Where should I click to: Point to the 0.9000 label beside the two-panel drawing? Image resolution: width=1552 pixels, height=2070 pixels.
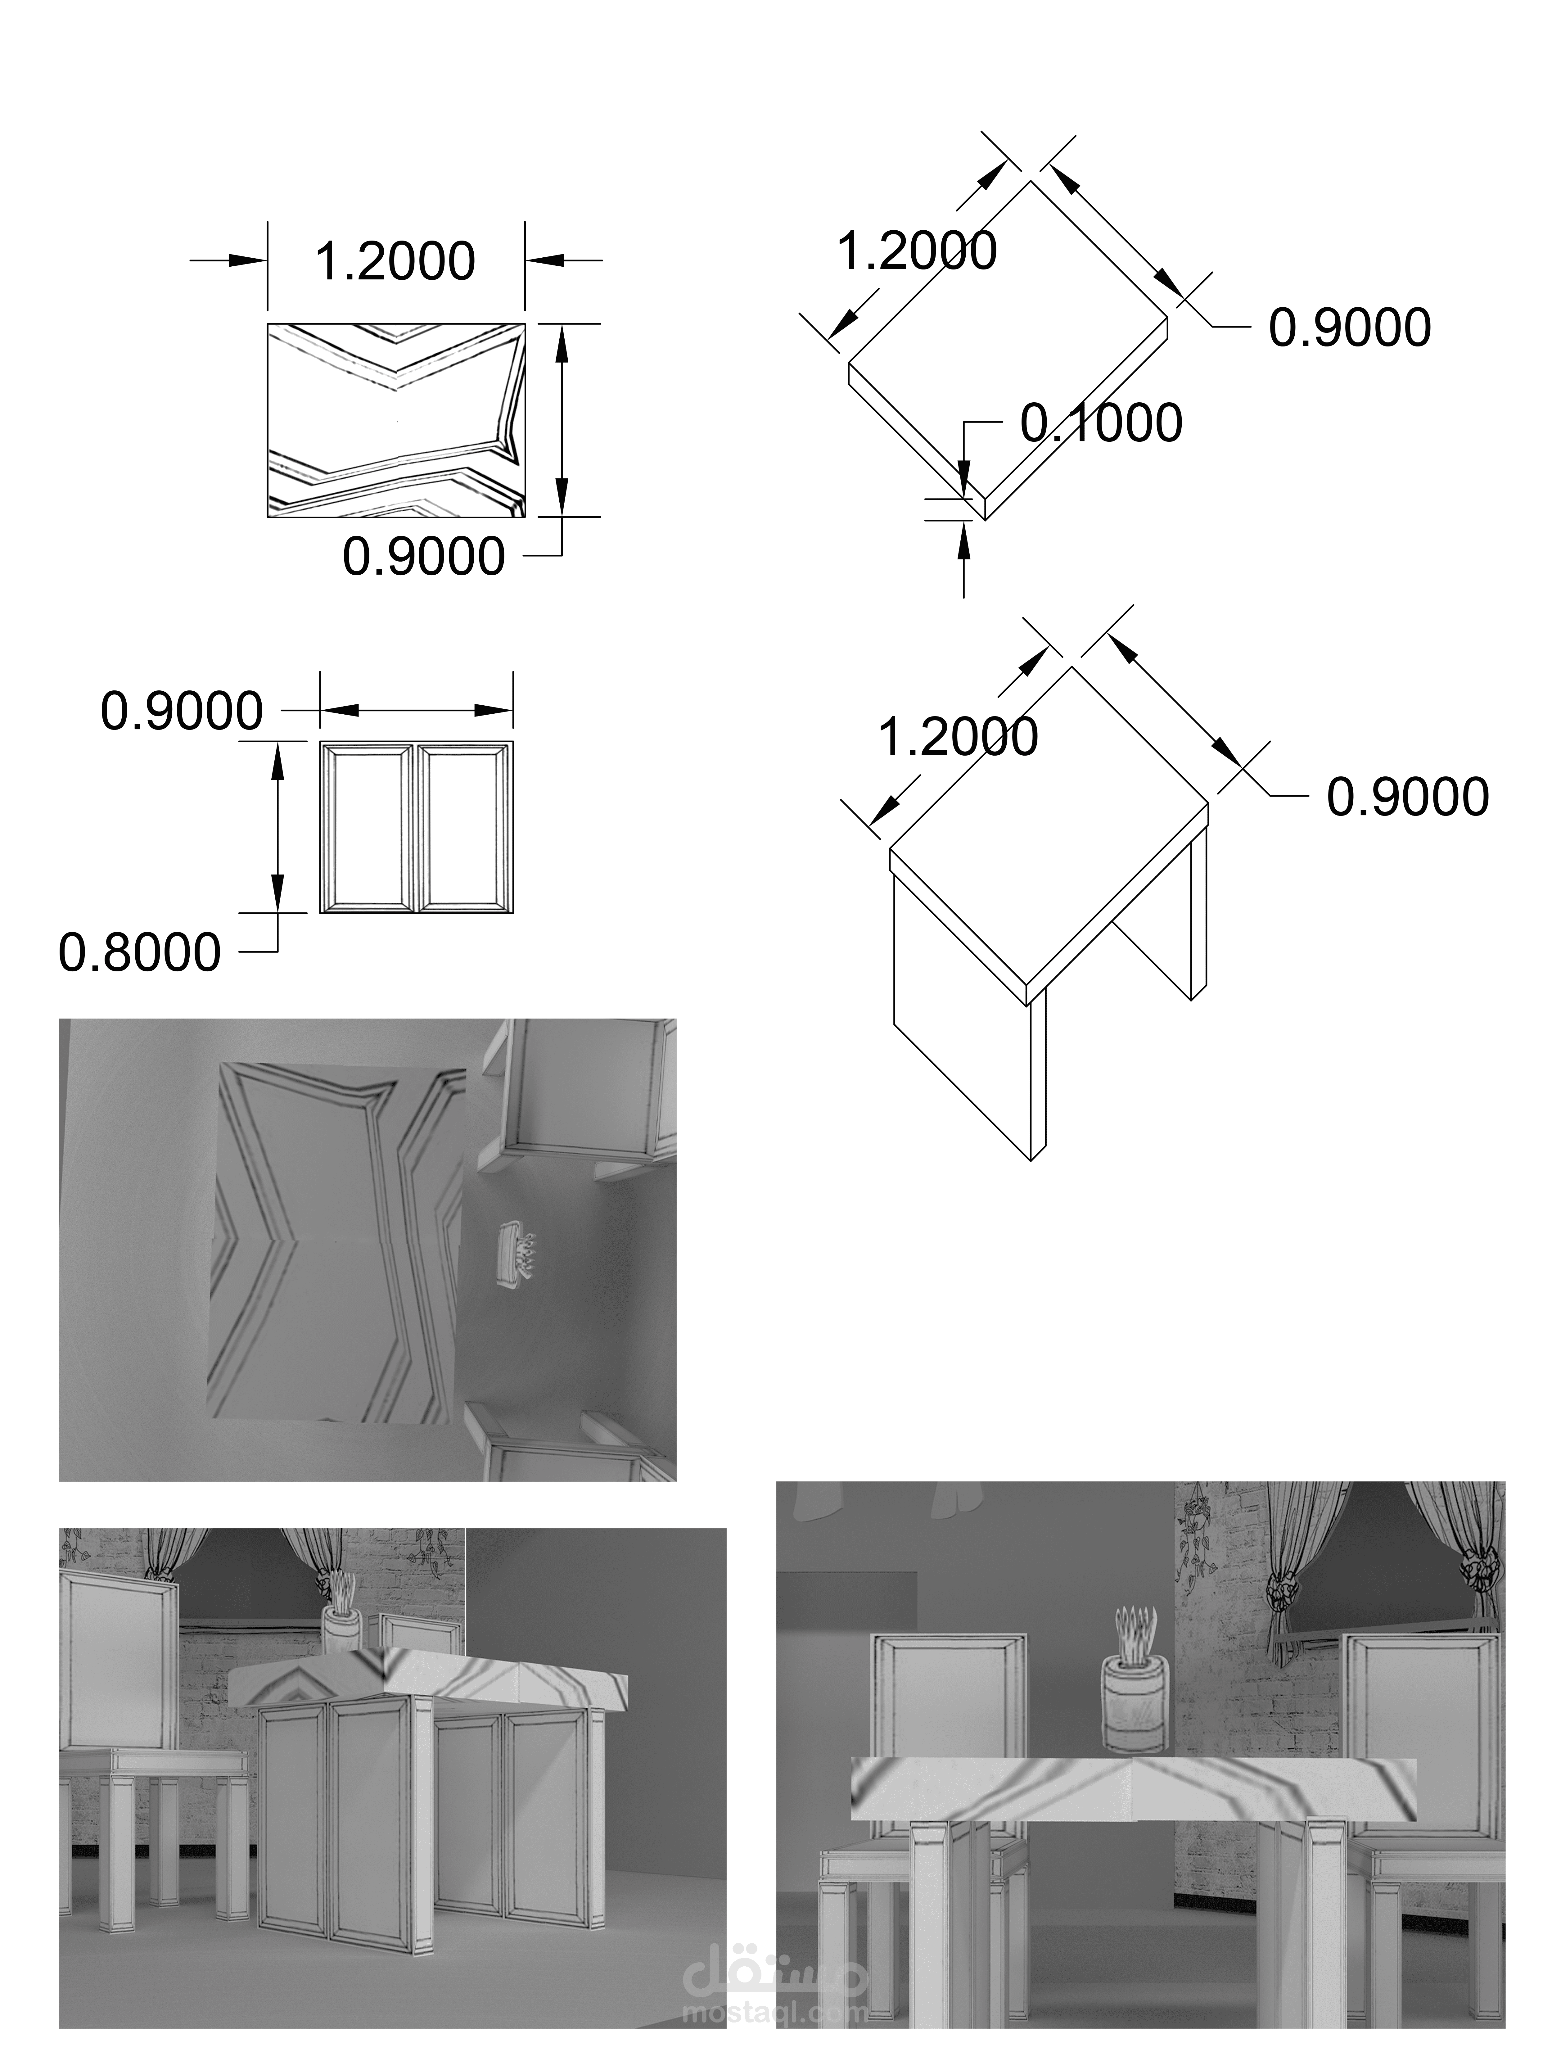click(x=182, y=711)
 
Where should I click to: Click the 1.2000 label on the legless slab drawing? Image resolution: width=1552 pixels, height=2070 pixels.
click(x=917, y=251)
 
